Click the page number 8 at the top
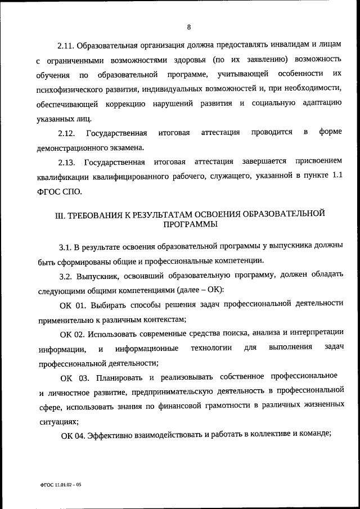tap(190, 27)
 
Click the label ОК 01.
tap(71, 304)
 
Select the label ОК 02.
tap(71, 334)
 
